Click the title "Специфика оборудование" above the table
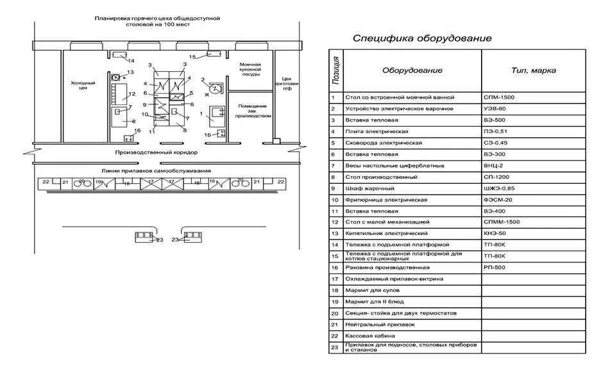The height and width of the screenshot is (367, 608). pyautogui.click(x=422, y=38)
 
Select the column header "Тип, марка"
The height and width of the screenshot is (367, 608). pyautogui.click(x=533, y=70)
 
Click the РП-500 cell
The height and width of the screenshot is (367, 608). pyautogui.click(x=495, y=268)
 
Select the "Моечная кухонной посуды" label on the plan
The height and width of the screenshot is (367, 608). pyautogui.click(x=250, y=69)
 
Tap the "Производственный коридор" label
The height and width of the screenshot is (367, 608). pyautogui.click(x=156, y=154)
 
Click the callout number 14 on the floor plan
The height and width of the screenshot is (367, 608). pyautogui.click(x=131, y=61)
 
